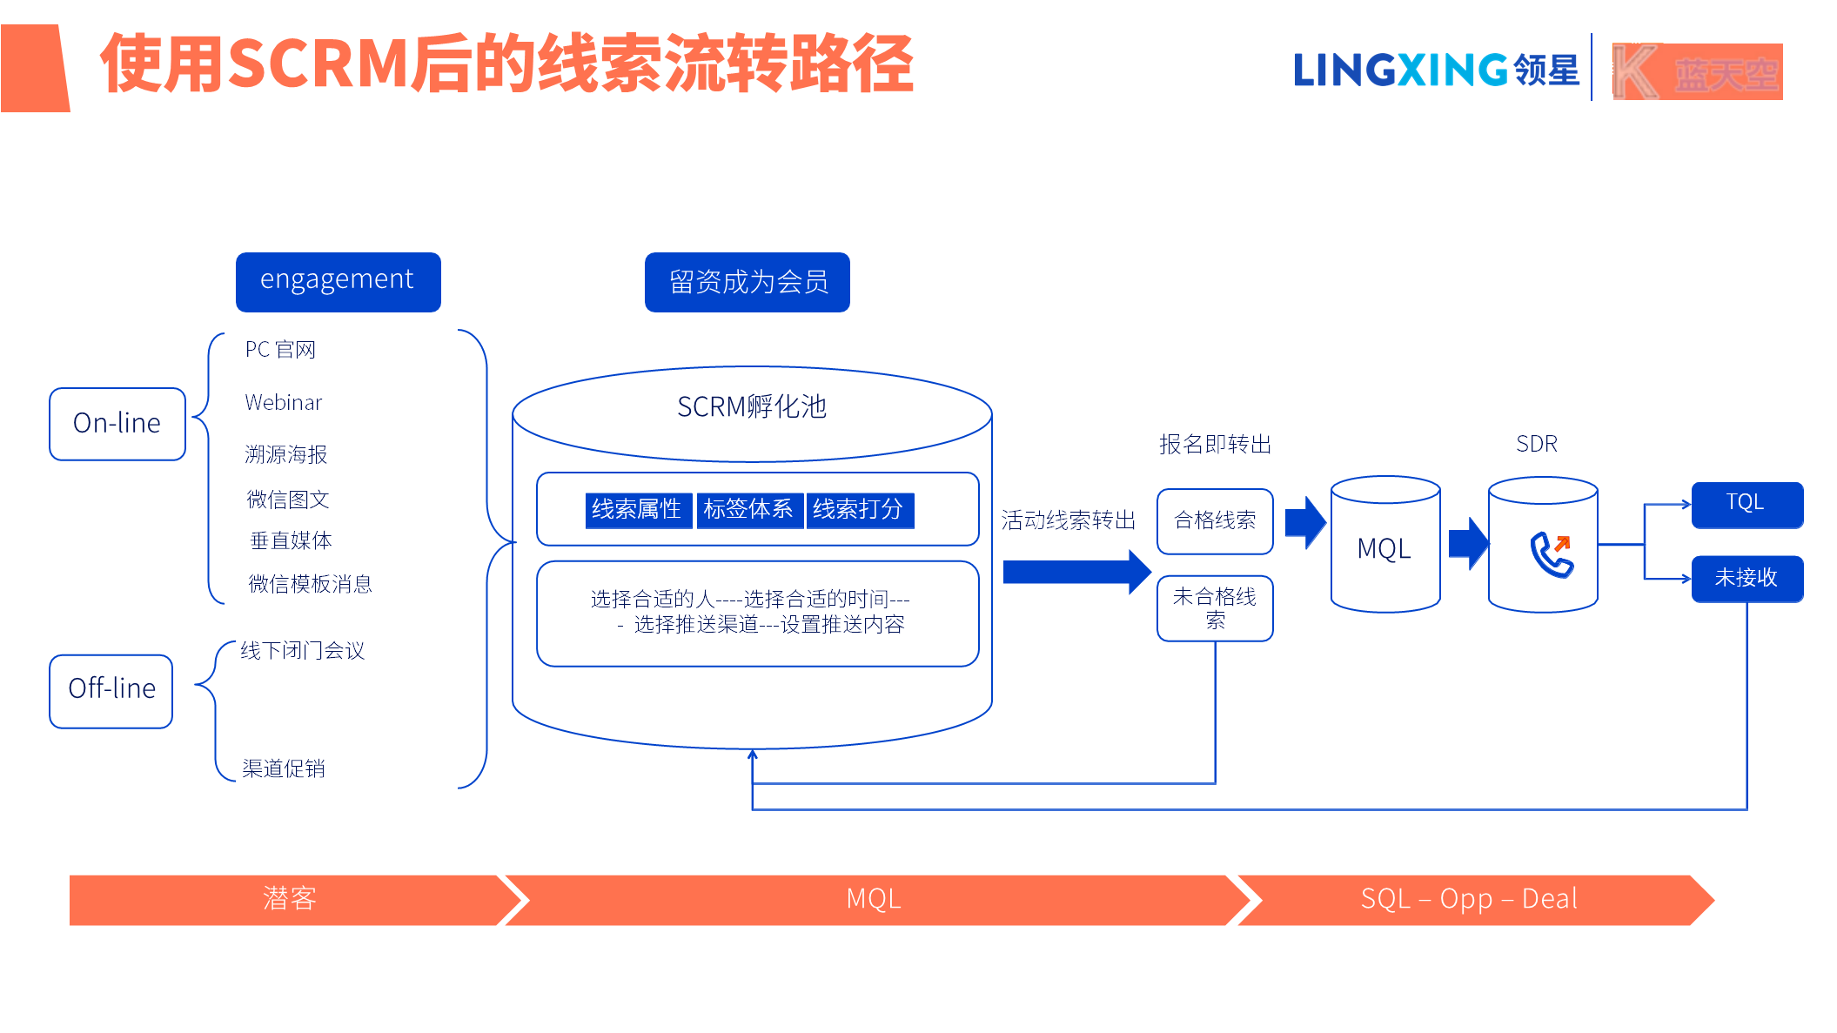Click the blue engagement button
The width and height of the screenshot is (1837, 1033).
click(x=338, y=282)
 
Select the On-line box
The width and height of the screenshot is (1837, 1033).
click(x=117, y=424)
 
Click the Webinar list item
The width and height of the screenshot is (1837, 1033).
click(x=284, y=403)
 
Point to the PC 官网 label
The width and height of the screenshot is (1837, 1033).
click(x=280, y=350)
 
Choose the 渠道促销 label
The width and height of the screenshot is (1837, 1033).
click(x=284, y=768)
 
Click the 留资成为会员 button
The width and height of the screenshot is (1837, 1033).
click(x=747, y=282)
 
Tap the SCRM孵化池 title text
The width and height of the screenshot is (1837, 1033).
click(x=751, y=407)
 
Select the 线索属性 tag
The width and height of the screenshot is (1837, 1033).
click(x=637, y=509)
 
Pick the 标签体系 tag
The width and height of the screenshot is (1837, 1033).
click(x=748, y=509)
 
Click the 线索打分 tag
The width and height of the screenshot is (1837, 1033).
click(x=858, y=509)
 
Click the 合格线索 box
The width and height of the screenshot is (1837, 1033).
click(x=1215, y=521)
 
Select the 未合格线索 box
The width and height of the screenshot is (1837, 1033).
click(x=1215, y=607)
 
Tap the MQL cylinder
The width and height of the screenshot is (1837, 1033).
click(x=1384, y=548)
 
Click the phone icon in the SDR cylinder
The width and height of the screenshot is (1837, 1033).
click(x=1551, y=554)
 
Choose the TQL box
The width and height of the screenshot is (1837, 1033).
click(x=1746, y=504)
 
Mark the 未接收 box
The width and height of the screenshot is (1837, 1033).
click(x=1746, y=579)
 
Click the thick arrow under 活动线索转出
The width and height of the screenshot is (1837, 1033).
click(x=1076, y=572)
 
